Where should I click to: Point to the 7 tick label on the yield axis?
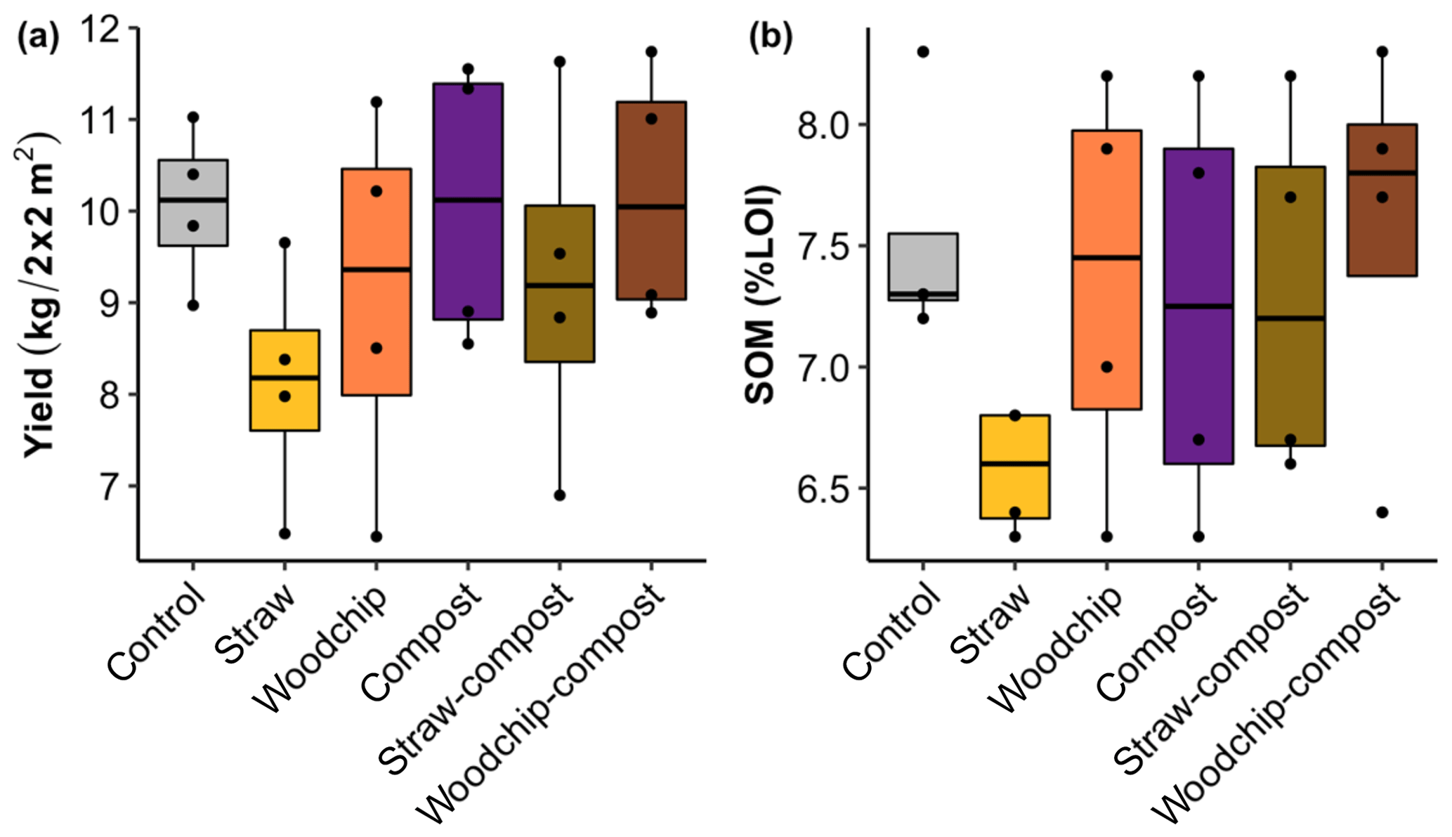[112, 486]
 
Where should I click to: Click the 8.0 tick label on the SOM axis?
[823, 125]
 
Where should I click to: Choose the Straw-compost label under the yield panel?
[478, 682]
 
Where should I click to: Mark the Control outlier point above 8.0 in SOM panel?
[923, 52]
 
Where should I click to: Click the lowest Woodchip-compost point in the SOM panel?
[1382, 512]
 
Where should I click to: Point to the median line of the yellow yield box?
[284, 378]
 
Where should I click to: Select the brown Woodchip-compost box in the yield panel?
[651, 201]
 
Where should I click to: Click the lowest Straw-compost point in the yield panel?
[559, 495]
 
